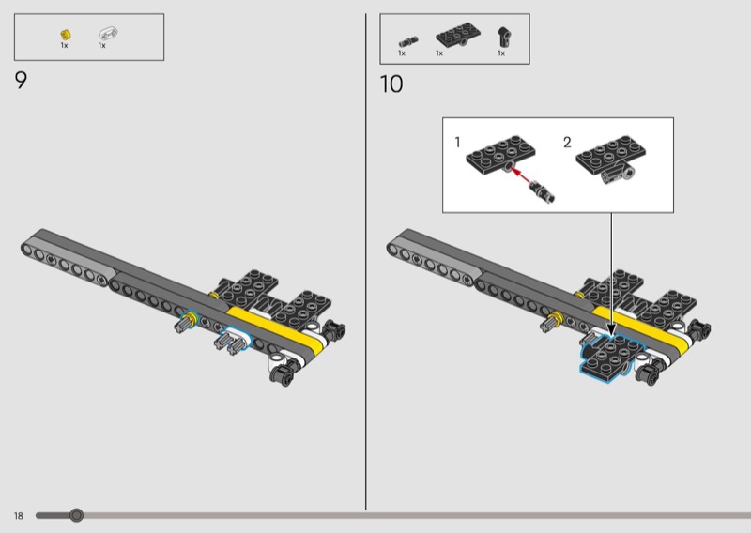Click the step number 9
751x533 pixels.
coord(21,80)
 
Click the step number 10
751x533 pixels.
coord(391,84)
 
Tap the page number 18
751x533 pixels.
coord(18,516)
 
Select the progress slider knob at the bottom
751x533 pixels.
coord(76,515)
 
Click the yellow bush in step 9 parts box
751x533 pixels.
coord(66,35)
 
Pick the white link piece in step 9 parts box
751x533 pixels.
coord(108,34)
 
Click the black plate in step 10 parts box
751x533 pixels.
coord(458,35)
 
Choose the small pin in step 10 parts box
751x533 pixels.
coord(408,41)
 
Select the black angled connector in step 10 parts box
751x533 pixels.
coord(503,37)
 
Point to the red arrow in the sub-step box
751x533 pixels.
coord(521,175)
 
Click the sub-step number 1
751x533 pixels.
coord(457,143)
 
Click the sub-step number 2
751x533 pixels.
coord(567,143)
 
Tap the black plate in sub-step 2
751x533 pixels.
coord(611,154)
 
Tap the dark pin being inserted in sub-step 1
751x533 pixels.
coord(543,190)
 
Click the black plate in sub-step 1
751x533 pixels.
coord(500,153)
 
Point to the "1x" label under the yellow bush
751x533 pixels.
coord(64,45)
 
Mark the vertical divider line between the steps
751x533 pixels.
coord(366,262)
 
